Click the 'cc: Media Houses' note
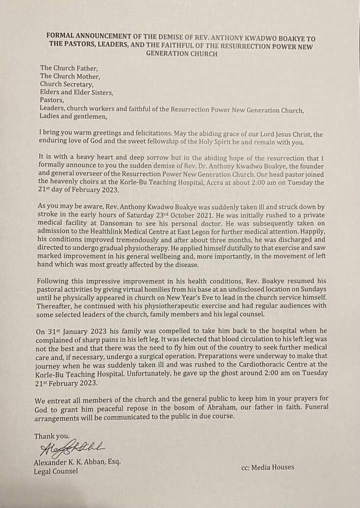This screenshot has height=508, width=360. tap(267, 467)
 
